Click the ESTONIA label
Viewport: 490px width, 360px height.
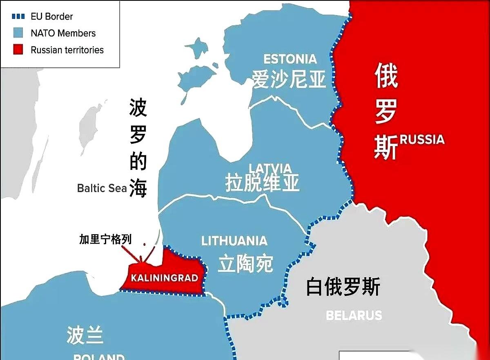coord(290,59)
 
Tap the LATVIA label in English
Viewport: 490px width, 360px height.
coord(270,168)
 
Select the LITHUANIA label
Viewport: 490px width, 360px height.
coord(234,241)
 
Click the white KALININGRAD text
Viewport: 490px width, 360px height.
coord(164,278)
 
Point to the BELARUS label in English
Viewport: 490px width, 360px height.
coord(354,315)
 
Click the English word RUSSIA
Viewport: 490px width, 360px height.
coord(422,140)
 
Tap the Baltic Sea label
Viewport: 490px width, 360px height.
coord(102,188)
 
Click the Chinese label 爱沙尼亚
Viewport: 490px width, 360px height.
coord(289,79)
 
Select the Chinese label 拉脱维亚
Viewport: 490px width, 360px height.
coord(262,182)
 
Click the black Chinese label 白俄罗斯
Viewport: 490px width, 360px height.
coord(343,287)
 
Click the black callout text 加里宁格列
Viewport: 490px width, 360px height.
coord(105,240)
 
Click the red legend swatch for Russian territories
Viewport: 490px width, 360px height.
coord(19,50)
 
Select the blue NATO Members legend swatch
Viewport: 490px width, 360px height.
coord(19,33)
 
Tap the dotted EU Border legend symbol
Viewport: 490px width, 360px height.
coord(19,17)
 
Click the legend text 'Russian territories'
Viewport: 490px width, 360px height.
coord(67,50)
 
